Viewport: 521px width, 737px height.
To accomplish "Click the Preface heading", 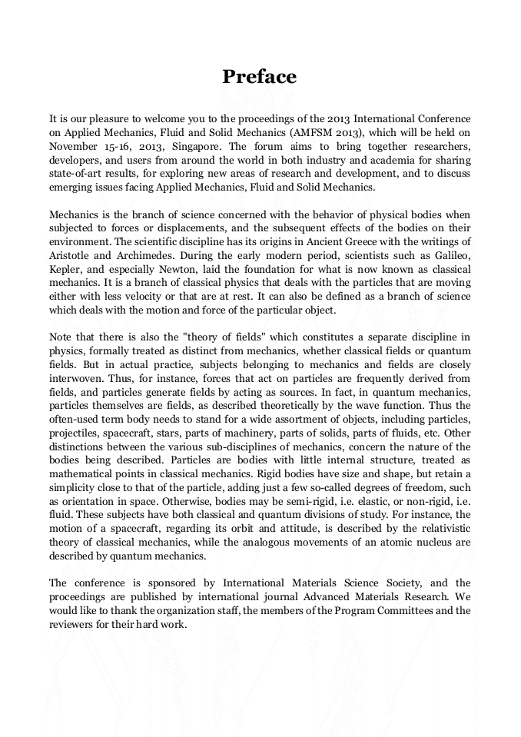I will pos(260,77).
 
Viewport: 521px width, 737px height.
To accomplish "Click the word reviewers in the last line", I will pos(74,625).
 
